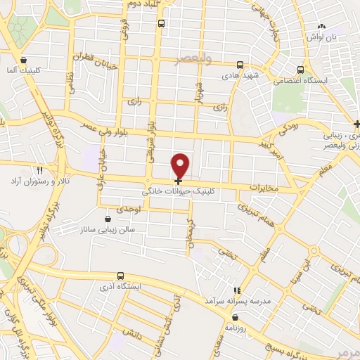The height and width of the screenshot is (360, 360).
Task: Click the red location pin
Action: click(181, 165)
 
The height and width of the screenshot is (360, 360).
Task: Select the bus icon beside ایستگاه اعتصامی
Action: click(301, 70)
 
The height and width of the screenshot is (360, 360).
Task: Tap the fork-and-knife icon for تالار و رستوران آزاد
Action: click(39, 170)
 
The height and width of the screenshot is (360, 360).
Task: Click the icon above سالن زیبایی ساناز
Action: click(107, 219)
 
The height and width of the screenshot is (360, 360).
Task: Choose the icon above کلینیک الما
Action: click(25, 60)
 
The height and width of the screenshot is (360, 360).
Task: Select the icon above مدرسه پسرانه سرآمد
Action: click(237, 290)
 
